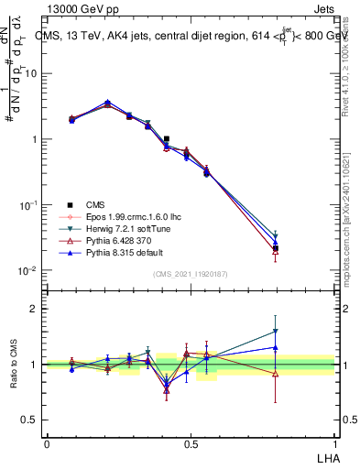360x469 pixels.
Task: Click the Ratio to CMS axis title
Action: point(14,364)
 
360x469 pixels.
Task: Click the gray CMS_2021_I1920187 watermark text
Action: point(190,274)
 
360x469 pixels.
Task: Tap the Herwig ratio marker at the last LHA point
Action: point(276,332)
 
